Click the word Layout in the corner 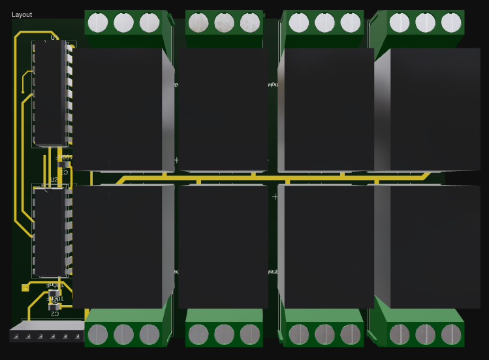22,14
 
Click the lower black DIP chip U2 50,232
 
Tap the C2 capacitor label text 55,314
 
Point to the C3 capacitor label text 64,172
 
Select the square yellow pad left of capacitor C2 25,287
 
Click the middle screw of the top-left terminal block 123,22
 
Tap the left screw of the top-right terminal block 400,22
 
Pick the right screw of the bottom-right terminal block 451,335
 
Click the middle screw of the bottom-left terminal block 123,335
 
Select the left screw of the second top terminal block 198,23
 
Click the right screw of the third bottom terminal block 351,335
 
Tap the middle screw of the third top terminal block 324,22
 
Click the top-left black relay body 118,108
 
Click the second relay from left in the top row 223,108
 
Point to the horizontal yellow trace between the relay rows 261,176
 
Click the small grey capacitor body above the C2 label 54,302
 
